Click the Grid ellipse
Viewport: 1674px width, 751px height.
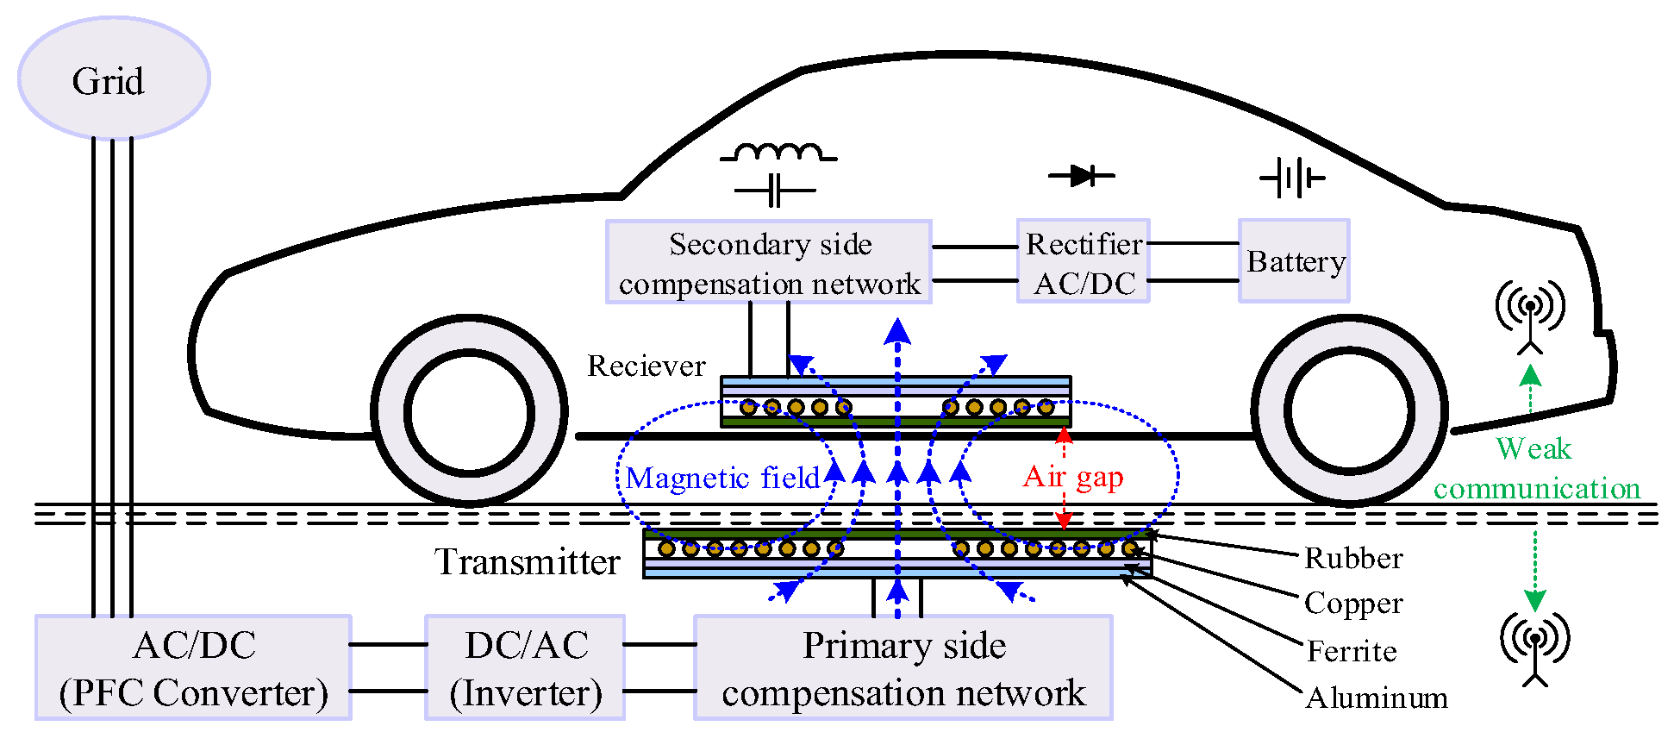coord(114,78)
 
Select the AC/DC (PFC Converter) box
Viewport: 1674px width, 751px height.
coord(193,667)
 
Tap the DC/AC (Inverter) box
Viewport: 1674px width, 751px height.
coord(525,667)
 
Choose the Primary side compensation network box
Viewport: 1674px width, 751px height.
coord(903,667)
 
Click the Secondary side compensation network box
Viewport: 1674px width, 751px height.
coord(769,262)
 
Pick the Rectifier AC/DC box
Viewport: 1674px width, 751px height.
coord(1084,262)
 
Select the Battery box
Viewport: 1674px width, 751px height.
coord(1294,261)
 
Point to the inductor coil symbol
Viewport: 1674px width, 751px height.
coord(778,153)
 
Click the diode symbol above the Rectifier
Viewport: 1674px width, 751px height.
coord(1082,176)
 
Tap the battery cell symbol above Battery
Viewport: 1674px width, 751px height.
coord(1291,178)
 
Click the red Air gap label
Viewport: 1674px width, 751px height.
coord(1073,476)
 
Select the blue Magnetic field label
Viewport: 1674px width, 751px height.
coord(722,478)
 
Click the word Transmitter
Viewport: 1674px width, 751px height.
coord(527,562)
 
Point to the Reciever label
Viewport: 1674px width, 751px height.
coord(646,366)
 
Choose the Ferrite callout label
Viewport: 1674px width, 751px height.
coord(1351,651)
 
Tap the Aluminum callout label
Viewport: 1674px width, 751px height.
coord(1376,698)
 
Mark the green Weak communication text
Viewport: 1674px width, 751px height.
coord(1536,468)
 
